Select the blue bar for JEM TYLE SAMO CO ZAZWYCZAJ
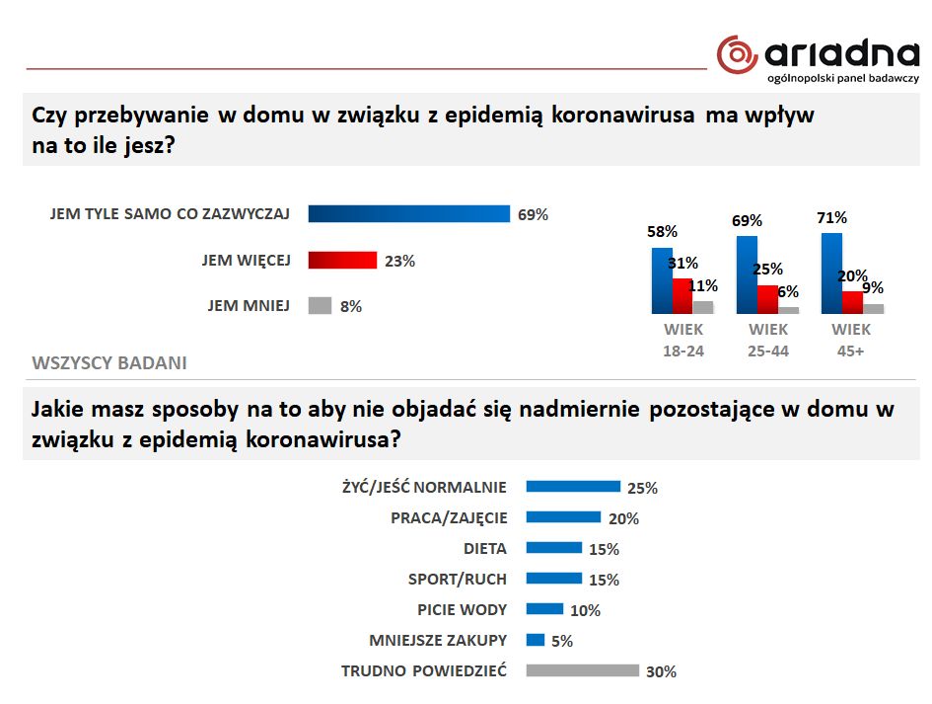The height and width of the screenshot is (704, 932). (408, 214)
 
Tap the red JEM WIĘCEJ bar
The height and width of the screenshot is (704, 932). (342, 261)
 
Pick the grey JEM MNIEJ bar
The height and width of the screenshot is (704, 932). (320, 306)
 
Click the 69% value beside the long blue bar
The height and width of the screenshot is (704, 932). (533, 214)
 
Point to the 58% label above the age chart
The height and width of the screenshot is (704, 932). (662, 232)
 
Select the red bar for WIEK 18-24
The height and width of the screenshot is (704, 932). (681, 295)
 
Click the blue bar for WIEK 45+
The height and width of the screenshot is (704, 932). (831, 273)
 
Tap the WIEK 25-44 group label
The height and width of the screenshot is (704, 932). (768, 340)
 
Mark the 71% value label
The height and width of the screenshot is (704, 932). (831, 217)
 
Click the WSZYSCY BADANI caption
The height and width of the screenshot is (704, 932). (109, 362)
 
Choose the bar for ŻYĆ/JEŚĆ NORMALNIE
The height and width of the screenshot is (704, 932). (573, 486)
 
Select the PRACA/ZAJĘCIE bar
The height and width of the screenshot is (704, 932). (563, 516)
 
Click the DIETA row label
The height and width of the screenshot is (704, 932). (485, 548)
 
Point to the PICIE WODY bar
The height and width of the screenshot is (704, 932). (544, 609)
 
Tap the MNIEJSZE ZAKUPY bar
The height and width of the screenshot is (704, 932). (536, 640)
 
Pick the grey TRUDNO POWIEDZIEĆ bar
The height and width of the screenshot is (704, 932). (582, 670)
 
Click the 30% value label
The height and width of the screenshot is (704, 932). (661, 671)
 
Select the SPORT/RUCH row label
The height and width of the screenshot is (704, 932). (457, 579)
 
